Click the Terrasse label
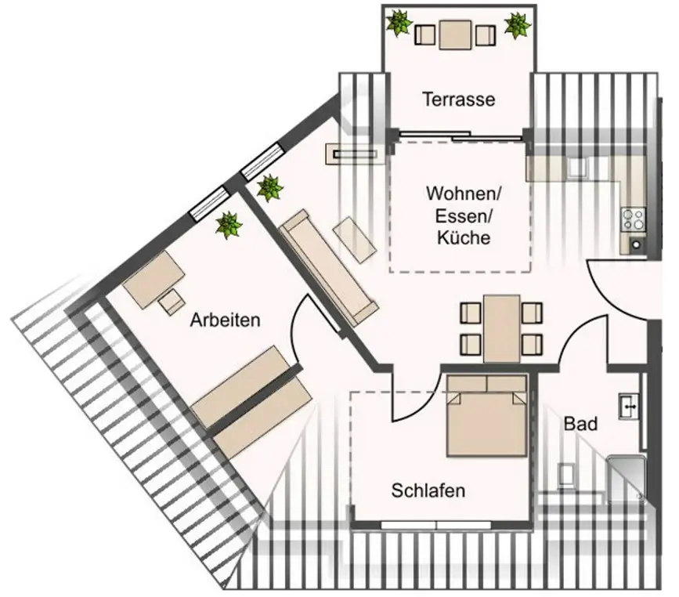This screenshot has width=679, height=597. click(x=458, y=99)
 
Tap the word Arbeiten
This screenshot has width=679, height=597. click(x=225, y=320)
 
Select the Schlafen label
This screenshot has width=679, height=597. click(x=428, y=491)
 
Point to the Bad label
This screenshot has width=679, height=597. click(x=581, y=424)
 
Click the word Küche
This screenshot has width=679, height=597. click(x=464, y=237)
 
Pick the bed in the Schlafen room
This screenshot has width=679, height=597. click(x=486, y=414)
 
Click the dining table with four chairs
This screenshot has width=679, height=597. click(x=501, y=327)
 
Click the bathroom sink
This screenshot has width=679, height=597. click(x=630, y=406)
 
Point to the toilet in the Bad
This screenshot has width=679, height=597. click(x=566, y=475)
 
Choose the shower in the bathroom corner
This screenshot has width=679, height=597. click(x=627, y=477)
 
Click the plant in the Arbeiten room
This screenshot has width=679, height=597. click(x=229, y=225)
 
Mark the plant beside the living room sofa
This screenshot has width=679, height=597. click(x=269, y=188)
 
